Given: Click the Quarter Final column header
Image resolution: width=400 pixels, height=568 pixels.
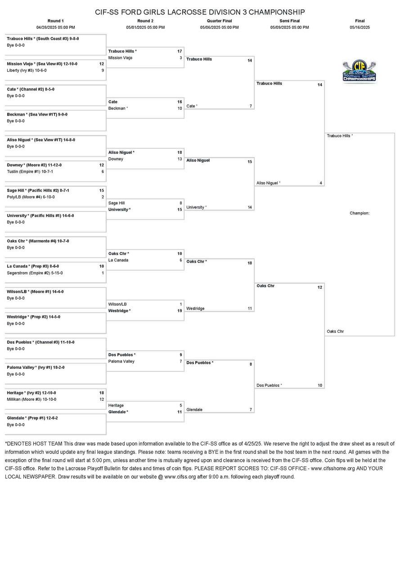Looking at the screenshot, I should [219, 21].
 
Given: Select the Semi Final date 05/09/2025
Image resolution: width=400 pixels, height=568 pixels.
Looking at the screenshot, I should [289, 27].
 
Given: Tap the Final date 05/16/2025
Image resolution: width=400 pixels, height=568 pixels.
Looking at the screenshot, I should [360, 27].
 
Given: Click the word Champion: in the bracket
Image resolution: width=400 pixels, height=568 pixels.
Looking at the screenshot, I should [360, 213].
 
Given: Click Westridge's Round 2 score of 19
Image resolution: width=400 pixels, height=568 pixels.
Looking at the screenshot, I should [180, 311].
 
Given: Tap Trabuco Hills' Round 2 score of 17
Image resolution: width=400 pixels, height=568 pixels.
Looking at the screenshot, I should [180, 51].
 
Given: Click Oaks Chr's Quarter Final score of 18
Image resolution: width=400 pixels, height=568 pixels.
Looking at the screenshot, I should [250, 263].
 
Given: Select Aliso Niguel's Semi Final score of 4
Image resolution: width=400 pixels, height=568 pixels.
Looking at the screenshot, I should [320, 183].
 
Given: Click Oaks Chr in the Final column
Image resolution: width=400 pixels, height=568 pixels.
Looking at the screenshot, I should [335, 331].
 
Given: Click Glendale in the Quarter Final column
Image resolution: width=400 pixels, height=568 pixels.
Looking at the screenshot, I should [194, 410].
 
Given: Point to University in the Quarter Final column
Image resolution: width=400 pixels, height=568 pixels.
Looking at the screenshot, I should [196, 207].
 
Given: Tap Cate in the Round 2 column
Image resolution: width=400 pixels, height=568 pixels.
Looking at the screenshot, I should [112, 102].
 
